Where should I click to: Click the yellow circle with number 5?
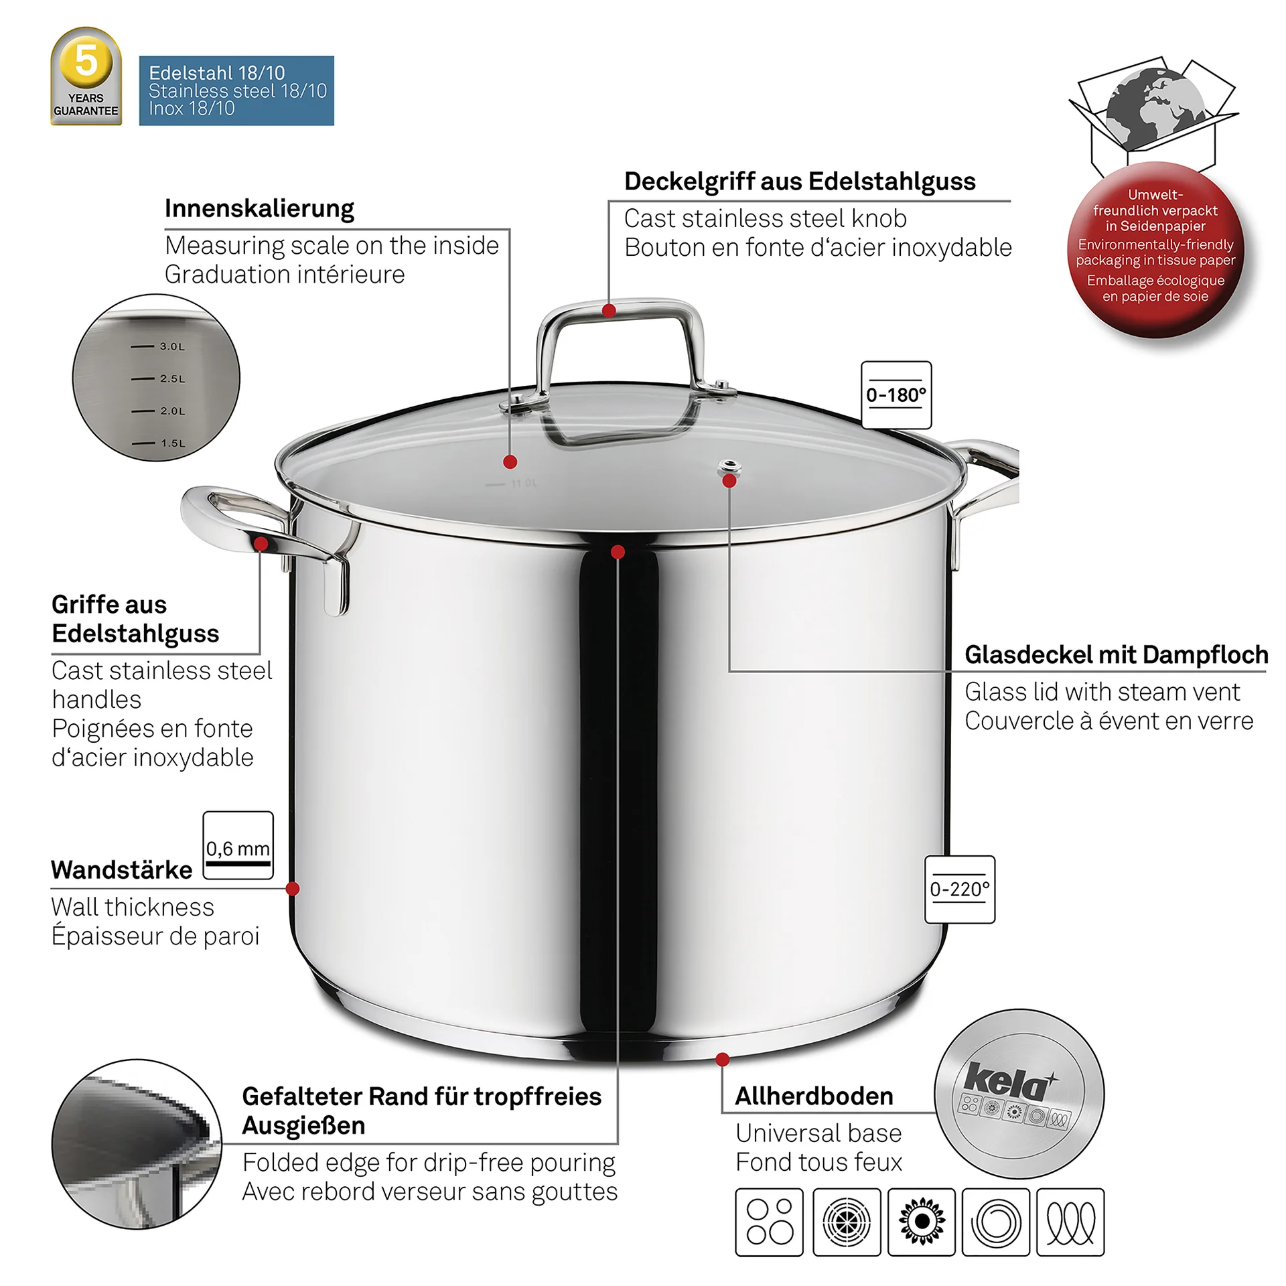[x=86, y=62]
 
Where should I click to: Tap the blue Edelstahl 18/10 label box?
[x=236, y=90]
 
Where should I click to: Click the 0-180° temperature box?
[x=896, y=395]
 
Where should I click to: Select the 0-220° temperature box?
[x=960, y=889]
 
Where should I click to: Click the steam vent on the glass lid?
[x=729, y=466]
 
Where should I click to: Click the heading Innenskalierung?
[x=259, y=208]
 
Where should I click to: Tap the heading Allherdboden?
[x=814, y=1096]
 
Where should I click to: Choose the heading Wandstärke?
[x=122, y=869]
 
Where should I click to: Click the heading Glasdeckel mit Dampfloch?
[x=1117, y=654]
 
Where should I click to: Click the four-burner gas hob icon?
[x=769, y=1222]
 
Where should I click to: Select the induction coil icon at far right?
[x=1070, y=1222]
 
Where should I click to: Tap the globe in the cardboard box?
[x=1155, y=109]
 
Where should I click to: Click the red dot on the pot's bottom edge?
[x=722, y=1059]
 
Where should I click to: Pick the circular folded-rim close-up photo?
[x=137, y=1144]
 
